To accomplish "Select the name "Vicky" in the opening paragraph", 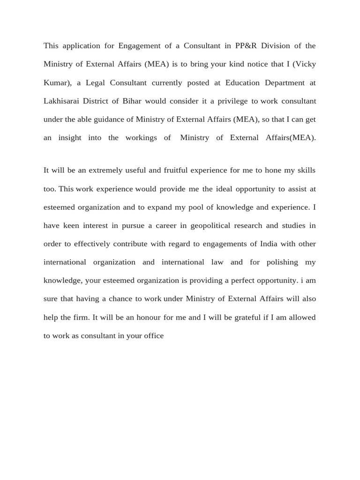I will click(306, 64).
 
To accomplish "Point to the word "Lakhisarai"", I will click(63, 101).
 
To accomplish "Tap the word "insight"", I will click(69, 138).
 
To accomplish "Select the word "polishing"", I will click(279, 262).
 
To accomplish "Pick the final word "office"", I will click(153, 336).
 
